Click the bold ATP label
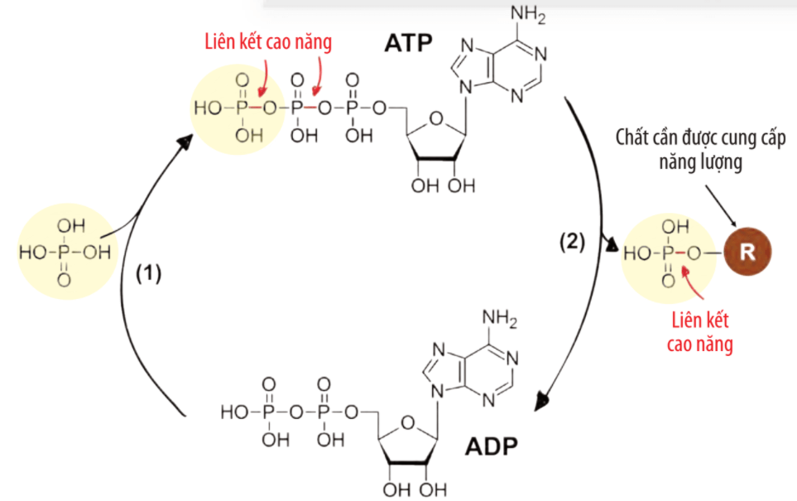tap(408, 44)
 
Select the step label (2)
tap(572, 242)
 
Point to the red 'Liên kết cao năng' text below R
tap(699, 332)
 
